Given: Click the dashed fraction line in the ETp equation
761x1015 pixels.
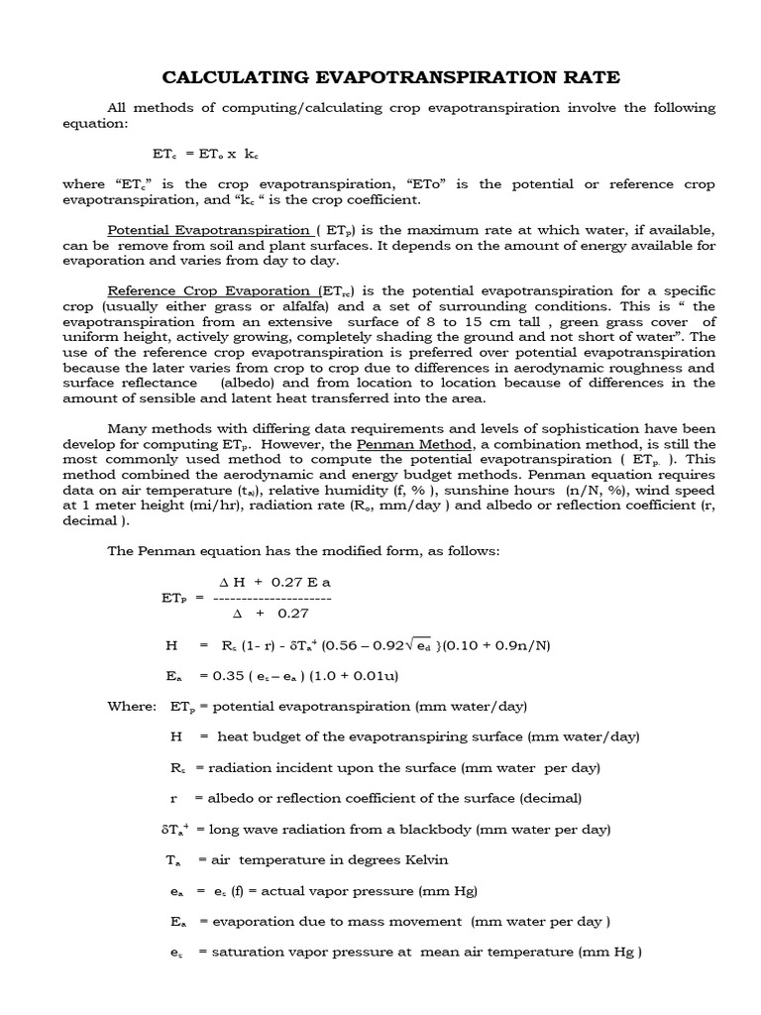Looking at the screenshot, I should [x=272, y=598].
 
